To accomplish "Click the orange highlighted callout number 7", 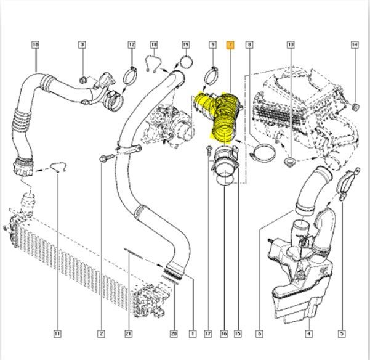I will pyautogui.click(x=230, y=44).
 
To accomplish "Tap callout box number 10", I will pyautogui.click(x=35, y=44).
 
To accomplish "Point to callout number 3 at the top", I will pyautogui.click(x=82, y=44).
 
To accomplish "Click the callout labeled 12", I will pyautogui.click(x=132, y=44).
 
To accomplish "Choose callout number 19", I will pyautogui.click(x=186, y=44).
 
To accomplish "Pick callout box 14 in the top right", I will pyautogui.click(x=355, y=44).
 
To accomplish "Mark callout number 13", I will pyautogui.click(x=291, y=44).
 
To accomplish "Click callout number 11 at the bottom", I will pyautogui.click(x=57, y=334).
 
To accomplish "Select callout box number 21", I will pyautogui.click(x=129, y=334).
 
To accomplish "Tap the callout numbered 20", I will pyautogui.click(x=174, y=334).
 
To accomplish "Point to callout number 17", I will pyautogui.click(x=208, y=334).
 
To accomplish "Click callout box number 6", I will pyautogui.click(x=259, y=334).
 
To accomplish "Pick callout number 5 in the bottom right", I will pyautogui.click(x=341, y=334).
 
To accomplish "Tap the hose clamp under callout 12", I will pyautogui.click(x=131, y=78).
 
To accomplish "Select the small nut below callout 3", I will pyautogui.click(x=82, y=78).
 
